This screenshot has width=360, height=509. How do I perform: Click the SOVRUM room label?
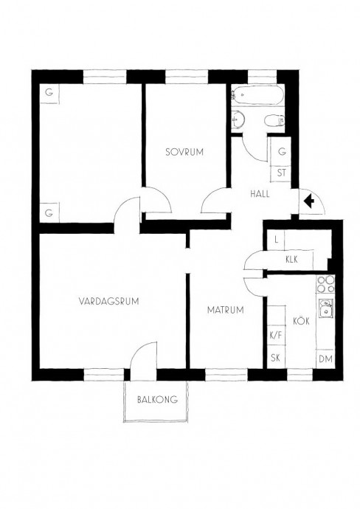point(184,152)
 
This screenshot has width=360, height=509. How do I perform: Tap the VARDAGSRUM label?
point(108,301)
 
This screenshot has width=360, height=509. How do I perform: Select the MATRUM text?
point(225,310)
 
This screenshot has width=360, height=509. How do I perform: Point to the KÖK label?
point(301,321)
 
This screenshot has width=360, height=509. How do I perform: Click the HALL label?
point(260,194)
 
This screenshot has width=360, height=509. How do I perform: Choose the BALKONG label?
point(157,399)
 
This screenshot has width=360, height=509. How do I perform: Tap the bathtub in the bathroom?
point(257,94)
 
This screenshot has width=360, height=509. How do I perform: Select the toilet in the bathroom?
point(274,122)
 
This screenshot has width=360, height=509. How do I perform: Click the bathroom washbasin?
point(238,120)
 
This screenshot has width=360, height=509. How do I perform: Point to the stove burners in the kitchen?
point(325,284)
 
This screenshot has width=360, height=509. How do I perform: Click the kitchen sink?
point(325,308)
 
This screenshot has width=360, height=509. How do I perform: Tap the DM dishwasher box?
point(325,359)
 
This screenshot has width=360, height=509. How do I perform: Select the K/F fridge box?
point(276,335)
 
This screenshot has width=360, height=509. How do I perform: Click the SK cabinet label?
point(276,358)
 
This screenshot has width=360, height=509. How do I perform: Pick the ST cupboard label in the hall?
point(282,173)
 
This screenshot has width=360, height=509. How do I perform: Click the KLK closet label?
point(291,260)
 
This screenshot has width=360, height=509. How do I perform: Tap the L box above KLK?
point(276,240)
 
